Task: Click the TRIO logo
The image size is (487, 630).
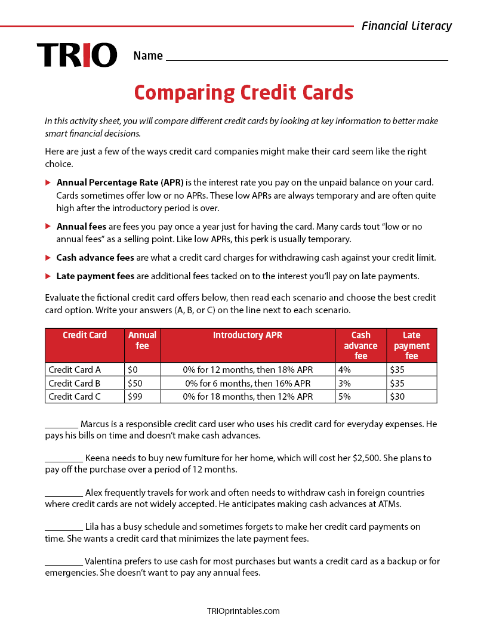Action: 77,55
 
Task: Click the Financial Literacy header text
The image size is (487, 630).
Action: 406,26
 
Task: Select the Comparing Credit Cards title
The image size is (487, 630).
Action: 243,93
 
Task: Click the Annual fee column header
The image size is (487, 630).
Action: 142,340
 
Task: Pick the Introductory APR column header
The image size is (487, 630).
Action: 248,335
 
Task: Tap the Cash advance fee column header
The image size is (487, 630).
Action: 360,345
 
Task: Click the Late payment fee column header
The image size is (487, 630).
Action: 411,345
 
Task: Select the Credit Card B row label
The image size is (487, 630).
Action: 75,383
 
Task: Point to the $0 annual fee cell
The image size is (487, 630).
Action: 132,370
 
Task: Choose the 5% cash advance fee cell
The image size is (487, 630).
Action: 344,396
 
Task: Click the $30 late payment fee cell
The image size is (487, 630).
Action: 397,396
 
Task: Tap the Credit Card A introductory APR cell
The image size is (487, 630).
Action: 248,370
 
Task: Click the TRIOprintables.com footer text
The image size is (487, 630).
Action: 243,610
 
